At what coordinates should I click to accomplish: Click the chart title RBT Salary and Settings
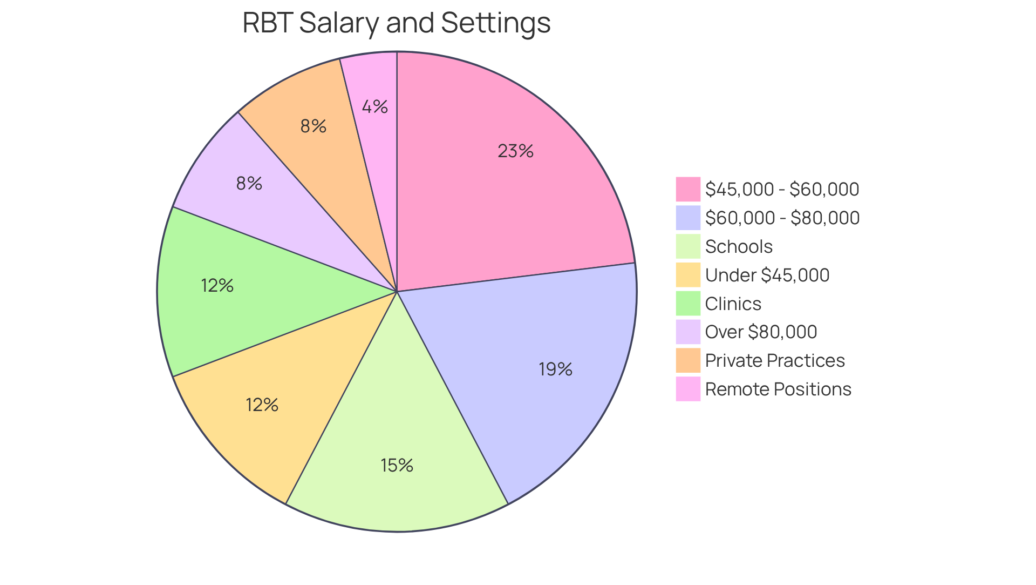click(x=397, y=23)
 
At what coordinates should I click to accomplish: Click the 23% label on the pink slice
click(x=515, y=151)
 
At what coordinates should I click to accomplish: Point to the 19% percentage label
click(x=555, y=369)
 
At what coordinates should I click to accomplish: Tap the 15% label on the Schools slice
click(x=397, y=466)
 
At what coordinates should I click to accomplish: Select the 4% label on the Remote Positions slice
click(x=374, y=107)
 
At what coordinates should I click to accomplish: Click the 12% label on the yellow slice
click(x=262, y=405)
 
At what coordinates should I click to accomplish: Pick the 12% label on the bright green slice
click(x=217, y=286)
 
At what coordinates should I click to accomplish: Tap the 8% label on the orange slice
click(x=313, y=126)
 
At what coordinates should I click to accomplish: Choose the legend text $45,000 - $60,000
click(x=782, y=190)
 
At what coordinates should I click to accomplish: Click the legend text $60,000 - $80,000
click(x=782, y=218)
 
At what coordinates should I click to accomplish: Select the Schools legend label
click(x=739, y=247)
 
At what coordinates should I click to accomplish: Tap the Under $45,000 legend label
click(x=767, y=275)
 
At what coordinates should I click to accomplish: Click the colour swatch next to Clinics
click(x=688, y=304)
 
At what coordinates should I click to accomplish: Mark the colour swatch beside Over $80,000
click(x=688, y=332)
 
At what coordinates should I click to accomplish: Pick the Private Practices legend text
click(x=775, y=361)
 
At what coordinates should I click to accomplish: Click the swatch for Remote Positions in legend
click(x=688, y=389)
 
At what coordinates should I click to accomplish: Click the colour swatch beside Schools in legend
click(x=688, y=246)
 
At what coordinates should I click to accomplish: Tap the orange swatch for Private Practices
click(x=688, y=360)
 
